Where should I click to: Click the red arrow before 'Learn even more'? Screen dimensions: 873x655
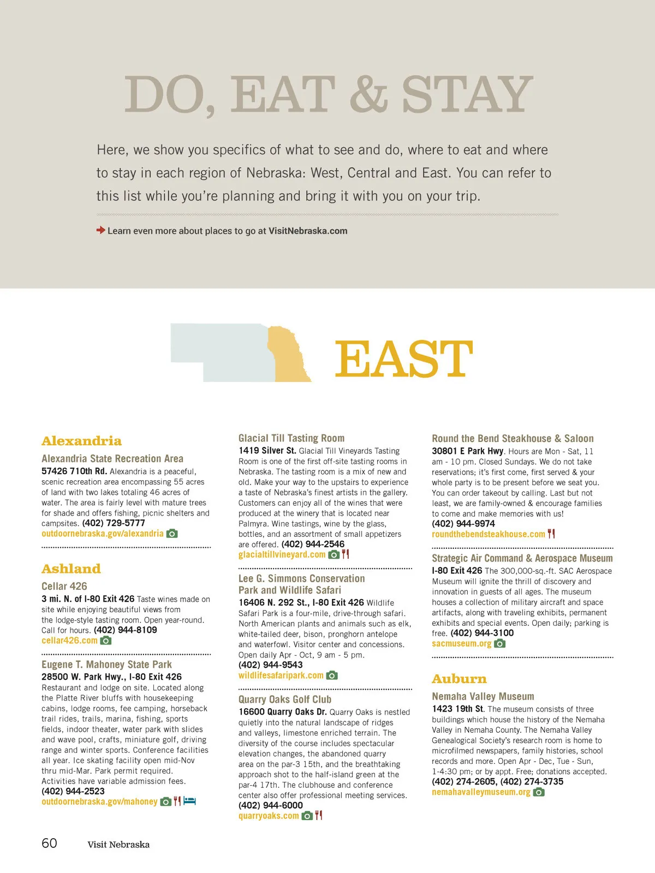click(x=101, y=230)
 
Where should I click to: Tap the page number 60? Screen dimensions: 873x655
click(x=49, y=843)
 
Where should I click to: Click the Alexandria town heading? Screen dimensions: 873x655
click(x=81, y=441)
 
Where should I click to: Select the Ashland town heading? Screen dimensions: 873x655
click(x=71, y=569)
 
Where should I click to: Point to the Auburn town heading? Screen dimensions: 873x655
click(x=459, y=679)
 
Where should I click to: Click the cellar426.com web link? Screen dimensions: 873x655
click(x=69, y=641)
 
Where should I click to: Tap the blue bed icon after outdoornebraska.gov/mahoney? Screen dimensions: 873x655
click(x=189, y=802)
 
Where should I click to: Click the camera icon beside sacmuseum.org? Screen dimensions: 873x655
click(x=499, y=644)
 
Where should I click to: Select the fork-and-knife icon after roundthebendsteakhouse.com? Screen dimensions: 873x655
click(x=551, y=534)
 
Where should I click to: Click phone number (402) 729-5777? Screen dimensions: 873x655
click(x=114, y=523)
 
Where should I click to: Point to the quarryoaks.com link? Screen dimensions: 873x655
click(x=269, y=816)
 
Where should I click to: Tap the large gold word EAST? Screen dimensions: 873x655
click(x=403, y=358)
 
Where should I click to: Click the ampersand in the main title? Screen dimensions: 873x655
click(x=368, y=94)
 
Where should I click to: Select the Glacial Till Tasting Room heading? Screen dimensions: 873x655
click(x=291, y=438)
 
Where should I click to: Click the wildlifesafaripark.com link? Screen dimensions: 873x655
click(x=281, y=675)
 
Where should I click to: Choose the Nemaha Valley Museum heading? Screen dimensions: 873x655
click(x=483, y=696)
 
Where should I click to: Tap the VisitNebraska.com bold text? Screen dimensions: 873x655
click(x=308, y=231)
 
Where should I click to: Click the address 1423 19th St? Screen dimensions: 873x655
click(x=457, y=709)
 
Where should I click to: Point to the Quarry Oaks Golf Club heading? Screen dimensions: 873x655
click(x=285, y=699)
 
